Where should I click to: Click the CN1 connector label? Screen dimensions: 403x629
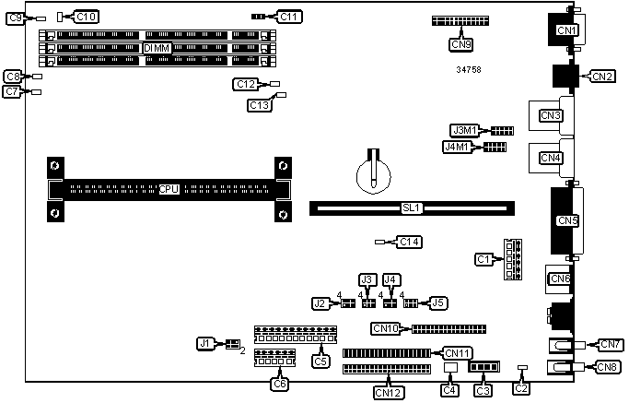coord(566,30)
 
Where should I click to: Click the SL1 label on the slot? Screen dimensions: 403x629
coord(412,208)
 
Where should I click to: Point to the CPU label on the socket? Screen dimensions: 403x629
coord(169,189)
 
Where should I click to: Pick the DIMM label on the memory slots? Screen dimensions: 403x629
coord(155,47)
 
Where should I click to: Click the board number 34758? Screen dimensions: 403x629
coord(469,70)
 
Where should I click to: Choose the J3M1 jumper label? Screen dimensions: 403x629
coord(463,130)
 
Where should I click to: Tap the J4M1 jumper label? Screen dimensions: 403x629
coord(458,146)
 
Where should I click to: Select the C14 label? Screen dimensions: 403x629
coord(409,242)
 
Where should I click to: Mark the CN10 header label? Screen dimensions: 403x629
coord(386,327)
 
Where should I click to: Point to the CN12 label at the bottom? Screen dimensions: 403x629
coord(388,392)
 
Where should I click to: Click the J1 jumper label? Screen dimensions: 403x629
coord(206,343)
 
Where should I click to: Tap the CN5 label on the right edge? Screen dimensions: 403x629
coord(567,220)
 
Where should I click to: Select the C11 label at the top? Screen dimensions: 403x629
coord(289,16)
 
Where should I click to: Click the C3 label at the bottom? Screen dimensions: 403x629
coord(482,390)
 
